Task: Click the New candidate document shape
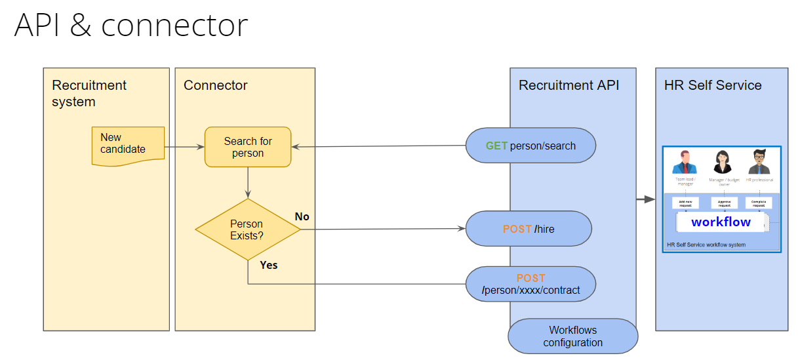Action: [x=127, y=146]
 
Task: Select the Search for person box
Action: [x=248, y=147]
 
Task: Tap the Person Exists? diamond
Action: [x=247, y=230]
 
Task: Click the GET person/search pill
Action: [x=530, y=146]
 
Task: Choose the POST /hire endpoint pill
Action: [x=528, y=229]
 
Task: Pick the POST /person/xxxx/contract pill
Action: [x=530, y=284]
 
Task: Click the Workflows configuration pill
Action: [x=572, y=336]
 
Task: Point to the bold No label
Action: [x=302, y=216]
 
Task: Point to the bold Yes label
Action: [x=269, y=265]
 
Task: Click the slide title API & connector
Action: [x=131, y=26]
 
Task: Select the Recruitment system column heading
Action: [x=89, y=93]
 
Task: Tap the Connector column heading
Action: [x=216, y=85]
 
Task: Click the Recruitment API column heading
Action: [x=569, y=85]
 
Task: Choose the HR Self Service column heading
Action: [x=713, y=85]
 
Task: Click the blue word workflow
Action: [x=721, y=222]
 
